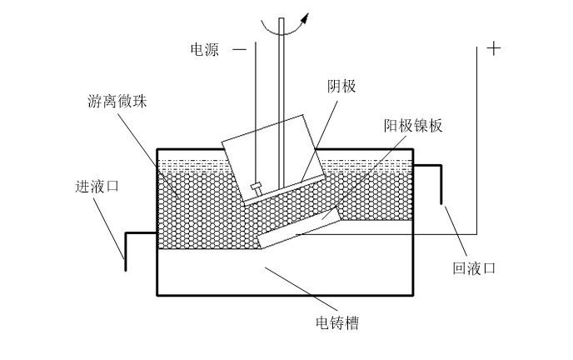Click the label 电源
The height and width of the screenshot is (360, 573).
click(x=205, y=49)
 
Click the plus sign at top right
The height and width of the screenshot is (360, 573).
click(x=494, y=49)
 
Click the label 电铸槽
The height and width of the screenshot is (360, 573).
click(x=336, y=322)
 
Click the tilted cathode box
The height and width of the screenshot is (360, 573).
click(x=271, y=158)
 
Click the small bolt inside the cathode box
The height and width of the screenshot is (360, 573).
click(x=257, y=187)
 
